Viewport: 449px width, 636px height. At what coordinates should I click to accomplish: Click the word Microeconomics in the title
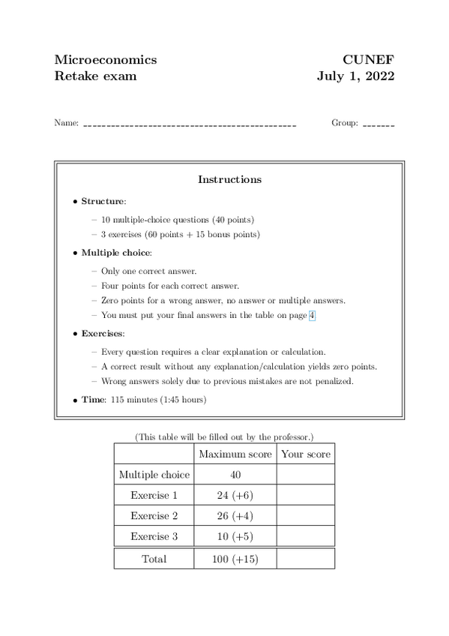106,60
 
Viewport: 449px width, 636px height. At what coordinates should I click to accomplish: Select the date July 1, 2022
355,76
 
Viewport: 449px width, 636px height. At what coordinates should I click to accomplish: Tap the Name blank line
190,124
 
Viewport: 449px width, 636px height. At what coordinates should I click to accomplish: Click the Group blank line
379,124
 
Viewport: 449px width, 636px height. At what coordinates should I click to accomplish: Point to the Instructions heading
229,179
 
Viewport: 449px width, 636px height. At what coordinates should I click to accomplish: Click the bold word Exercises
103,333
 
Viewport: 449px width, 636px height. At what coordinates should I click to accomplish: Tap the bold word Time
92,400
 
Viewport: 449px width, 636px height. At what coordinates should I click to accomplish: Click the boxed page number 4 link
312,316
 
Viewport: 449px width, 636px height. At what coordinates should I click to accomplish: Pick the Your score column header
305,454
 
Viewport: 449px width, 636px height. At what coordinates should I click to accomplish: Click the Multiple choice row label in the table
154,474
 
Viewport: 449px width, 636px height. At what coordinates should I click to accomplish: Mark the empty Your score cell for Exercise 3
305,537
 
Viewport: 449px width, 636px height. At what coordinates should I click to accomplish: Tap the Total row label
154,559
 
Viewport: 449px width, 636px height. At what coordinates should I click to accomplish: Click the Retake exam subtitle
95,76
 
